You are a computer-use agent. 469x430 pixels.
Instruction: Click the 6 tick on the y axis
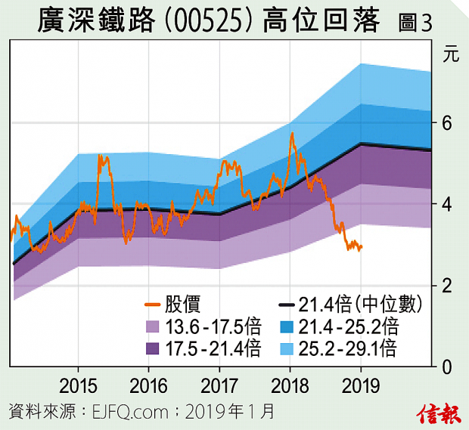[x=446, y=123]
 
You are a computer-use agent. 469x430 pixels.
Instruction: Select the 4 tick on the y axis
[x=446, y=205]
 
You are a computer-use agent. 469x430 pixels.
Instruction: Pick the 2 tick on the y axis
[x=446, y=286]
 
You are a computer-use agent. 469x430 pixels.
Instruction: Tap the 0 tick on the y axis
[x=446, y=367]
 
